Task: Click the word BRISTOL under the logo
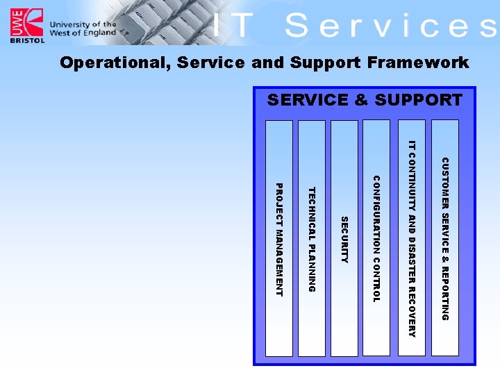click(x=27, y=41)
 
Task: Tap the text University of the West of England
click(x=82, y=28)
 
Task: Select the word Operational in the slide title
click(x=115, y=63)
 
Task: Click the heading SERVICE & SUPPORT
click(x=365, y=100)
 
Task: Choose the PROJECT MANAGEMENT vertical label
click(x=279, y=240)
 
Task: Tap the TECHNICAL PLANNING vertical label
click(x=312, y=240)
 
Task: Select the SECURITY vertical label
click(x=344, y=240)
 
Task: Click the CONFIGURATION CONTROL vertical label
click(x=376, y=240)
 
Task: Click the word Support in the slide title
click(x=320, y=63)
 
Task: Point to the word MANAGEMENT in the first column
click(x=279, y=261)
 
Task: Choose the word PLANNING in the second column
click(x=312, y=267)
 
